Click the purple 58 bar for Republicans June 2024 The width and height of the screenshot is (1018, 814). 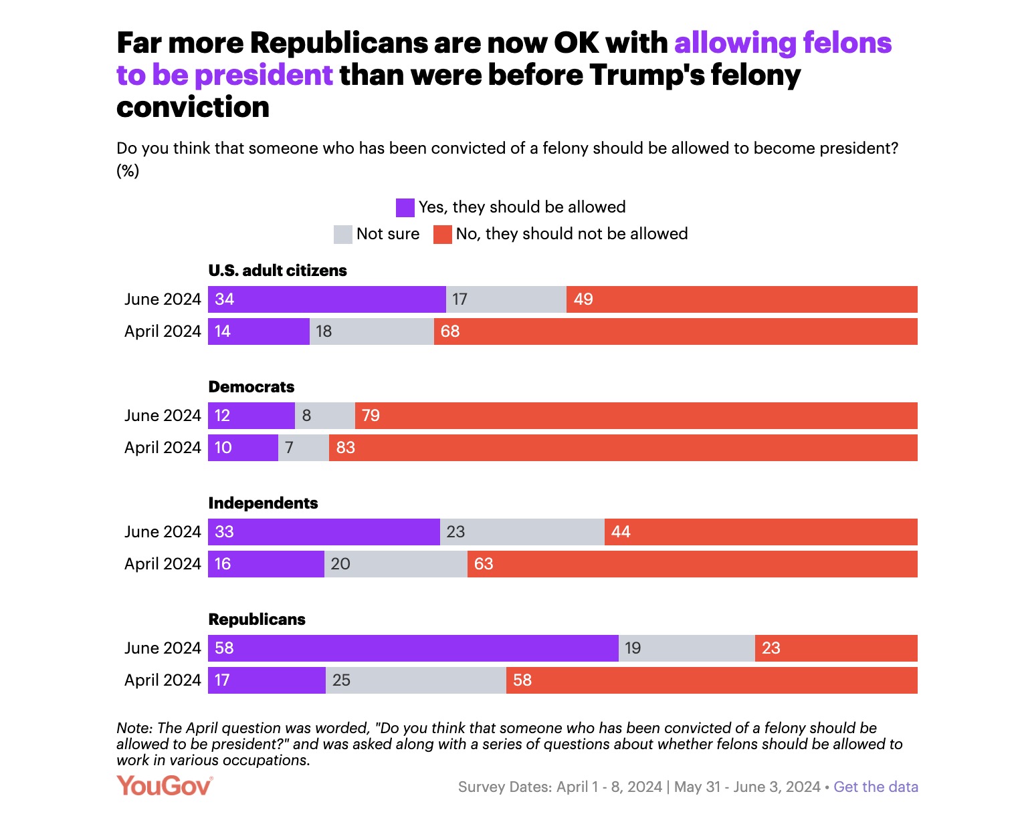point(413,648)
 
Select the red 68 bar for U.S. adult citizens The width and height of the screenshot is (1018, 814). point(676,331)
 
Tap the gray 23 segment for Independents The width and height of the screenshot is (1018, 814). point(522,532)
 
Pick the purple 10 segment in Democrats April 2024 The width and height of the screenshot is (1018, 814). point(243,448)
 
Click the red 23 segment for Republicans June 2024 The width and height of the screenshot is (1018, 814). point(836,648)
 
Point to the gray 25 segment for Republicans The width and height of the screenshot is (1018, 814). point(415,680)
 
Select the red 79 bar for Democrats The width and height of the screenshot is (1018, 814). point(635,416)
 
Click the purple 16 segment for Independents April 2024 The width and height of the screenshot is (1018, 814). point(266,564)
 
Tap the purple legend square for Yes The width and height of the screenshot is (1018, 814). point(405,208)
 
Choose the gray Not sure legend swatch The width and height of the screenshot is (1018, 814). point(343,235)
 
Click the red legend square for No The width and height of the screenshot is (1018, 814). point(443,235)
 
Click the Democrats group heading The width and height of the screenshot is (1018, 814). point(251,387)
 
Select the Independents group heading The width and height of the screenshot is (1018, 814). point(263,503)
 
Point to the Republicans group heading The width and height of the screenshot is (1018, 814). point(257,620)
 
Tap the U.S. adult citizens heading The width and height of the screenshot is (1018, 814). point(278,271)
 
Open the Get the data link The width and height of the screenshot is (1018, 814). point(876,787)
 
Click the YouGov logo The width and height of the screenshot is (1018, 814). point(165,786)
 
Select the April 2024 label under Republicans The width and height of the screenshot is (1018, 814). point(163,680)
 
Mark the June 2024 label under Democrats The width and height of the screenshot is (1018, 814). point(163,416)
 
